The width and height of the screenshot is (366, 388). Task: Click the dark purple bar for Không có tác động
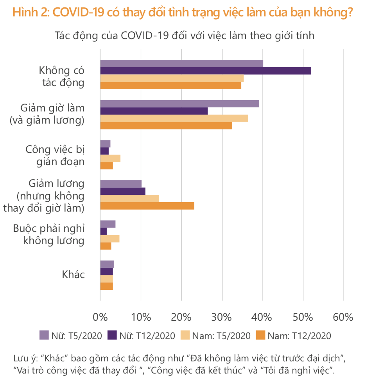205,71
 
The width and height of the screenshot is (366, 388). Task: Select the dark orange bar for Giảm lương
147,206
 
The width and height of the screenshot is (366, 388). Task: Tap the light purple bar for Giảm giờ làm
179,104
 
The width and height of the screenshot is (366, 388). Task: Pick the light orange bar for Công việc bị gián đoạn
110,158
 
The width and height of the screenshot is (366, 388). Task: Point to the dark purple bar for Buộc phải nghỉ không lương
104,231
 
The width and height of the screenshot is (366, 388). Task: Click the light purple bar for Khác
107,264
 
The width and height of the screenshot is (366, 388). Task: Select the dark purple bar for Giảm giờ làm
154,111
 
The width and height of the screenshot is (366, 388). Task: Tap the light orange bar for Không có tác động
172,78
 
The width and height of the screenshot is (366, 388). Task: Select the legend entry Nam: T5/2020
215,336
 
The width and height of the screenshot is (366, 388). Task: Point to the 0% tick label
100,317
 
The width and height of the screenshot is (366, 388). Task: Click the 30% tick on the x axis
222,317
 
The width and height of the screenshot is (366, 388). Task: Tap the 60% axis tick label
343,317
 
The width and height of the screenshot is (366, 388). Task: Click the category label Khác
73,275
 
